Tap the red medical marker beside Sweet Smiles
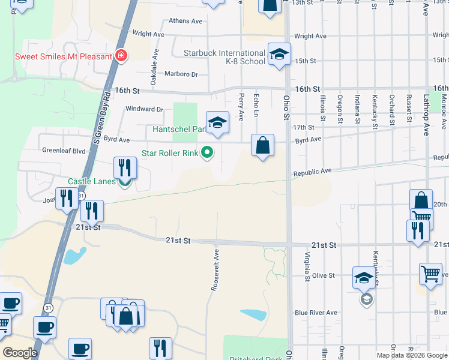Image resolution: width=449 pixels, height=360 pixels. [x=121, y=56]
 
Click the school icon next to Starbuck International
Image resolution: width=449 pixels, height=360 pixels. [x=279, y=54]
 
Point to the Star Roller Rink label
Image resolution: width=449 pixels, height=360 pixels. [x=170, y=153]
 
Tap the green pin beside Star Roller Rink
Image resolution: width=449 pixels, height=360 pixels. [x=207, y=153]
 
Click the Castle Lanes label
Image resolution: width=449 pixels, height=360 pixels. [x=91, y=181]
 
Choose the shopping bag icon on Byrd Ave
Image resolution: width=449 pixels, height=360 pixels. [x=263, y=145]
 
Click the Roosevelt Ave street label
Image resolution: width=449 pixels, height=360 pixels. [x=215, y=271]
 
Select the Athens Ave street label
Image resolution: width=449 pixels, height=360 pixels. [x=186, y=21]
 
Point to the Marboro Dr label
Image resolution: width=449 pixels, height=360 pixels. [x=181, y=74]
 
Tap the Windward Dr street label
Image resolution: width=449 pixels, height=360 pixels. [x=144, y=109]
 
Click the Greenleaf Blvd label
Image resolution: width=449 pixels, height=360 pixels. [x=64, y=152]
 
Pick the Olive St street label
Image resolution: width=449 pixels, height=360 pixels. [x=323, y=275]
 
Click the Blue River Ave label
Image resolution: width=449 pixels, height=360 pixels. [x=316, y=313]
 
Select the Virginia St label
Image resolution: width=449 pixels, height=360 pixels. [x=306, y=266]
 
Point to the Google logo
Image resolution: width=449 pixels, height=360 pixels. [x=20, y=353]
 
